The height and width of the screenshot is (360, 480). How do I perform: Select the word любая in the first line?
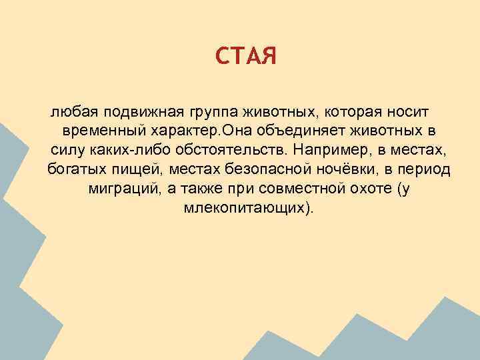click(67, 109)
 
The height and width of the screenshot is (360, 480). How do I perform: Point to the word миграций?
click(123, 189)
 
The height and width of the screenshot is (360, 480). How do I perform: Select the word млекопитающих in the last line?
click(245, 209)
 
